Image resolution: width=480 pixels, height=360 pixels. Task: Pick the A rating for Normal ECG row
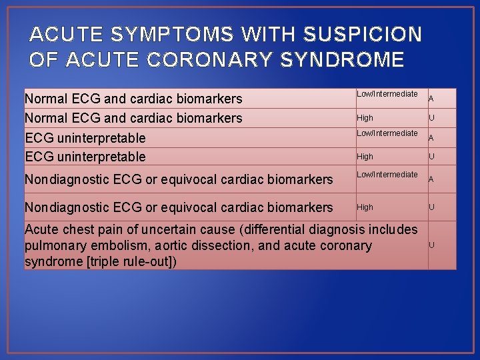431,99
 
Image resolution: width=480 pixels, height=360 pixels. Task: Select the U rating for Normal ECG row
431,118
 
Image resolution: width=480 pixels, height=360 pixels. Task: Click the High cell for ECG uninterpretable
365,157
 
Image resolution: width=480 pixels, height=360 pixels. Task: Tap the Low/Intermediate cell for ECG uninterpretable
387,133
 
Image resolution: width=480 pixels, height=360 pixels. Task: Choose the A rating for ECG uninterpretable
431,138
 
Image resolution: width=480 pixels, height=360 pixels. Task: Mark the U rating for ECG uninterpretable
431,157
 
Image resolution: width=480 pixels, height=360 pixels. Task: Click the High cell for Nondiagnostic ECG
365,207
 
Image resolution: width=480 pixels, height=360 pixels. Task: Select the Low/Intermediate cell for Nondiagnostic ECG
387,175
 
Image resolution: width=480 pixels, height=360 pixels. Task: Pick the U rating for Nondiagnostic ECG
431,207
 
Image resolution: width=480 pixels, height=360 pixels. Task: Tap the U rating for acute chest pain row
431,245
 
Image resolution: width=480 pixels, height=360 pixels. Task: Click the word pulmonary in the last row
51,246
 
